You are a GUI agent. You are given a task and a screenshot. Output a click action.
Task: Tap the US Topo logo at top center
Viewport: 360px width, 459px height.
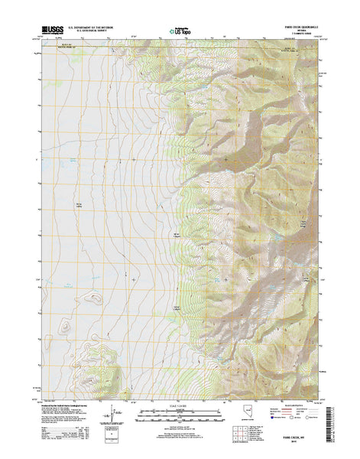pos(180,31)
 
